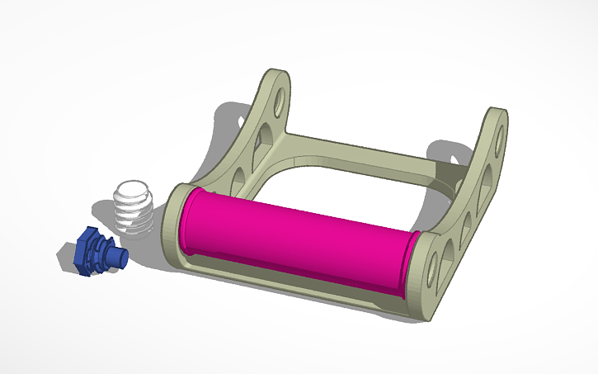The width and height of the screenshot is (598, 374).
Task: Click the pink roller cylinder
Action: (297, 235)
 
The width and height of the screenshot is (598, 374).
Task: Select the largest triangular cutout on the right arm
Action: (486, 182)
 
